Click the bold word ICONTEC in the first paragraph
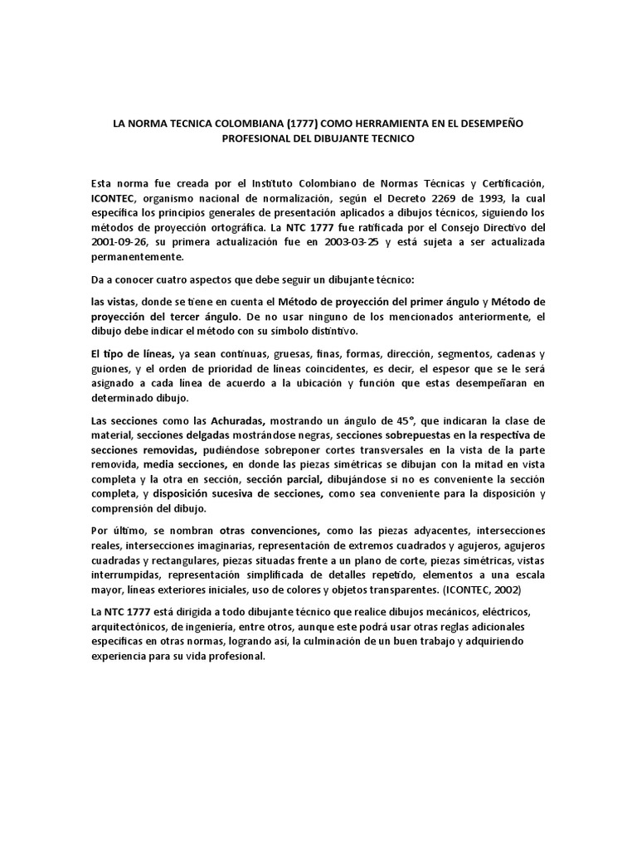click(117, 198)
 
